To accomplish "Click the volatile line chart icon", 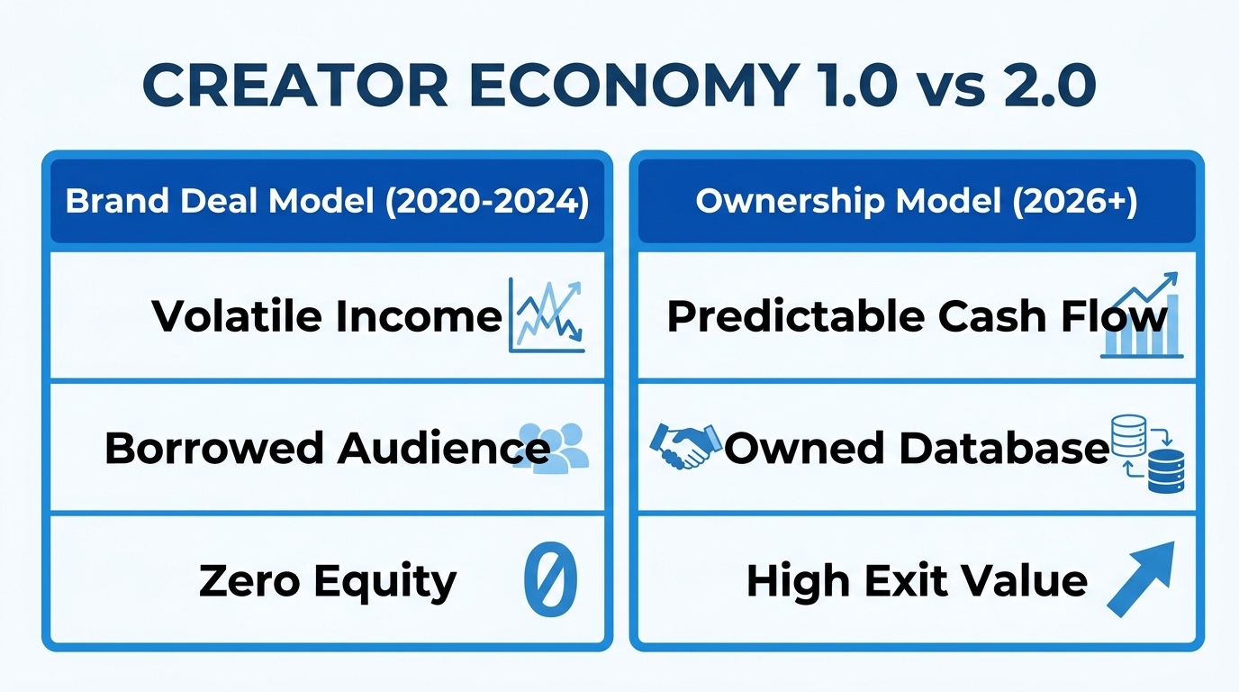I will tap(547, 314).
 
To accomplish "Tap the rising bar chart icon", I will tap(1142, 316).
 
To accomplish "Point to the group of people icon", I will tap(555, 447).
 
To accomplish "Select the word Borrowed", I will tap(213, 448).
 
